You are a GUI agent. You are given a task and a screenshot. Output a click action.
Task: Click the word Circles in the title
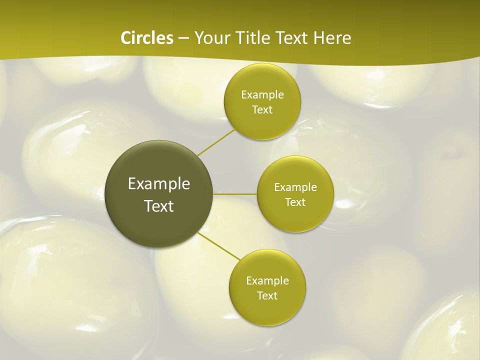click(146, 38)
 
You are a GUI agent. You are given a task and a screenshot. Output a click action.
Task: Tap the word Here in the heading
click(332, 38)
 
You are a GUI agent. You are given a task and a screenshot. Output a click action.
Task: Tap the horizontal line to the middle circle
click(235, 194)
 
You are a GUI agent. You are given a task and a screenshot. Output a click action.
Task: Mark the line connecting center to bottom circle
click(219, 246)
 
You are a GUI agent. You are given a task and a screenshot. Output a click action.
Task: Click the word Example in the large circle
click(159, 184)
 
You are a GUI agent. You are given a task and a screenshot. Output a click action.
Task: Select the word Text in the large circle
click(159, 206)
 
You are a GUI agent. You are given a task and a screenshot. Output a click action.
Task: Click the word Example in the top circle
click(262, 95)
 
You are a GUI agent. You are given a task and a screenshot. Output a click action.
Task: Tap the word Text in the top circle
click(262, 110)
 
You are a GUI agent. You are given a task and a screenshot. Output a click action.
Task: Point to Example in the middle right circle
click(295, 187)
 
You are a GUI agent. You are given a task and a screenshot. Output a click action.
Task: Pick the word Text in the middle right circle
click(295, 202)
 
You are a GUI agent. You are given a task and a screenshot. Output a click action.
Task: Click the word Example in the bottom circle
click(267, 281)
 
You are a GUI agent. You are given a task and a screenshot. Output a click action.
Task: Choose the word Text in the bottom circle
click(267, 295)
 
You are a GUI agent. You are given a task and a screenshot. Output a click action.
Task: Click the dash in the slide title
click(183, 38)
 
